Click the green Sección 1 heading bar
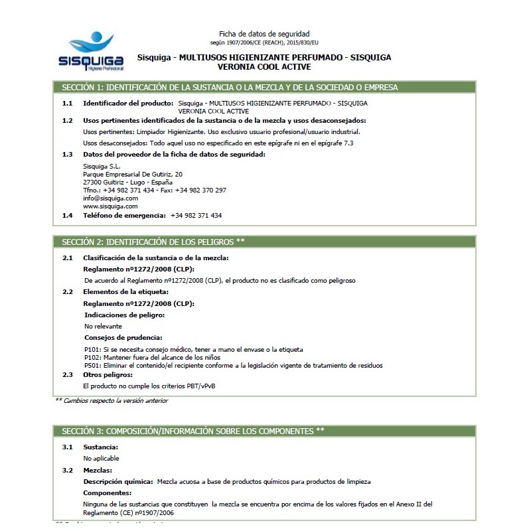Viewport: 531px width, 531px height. pos(264,87)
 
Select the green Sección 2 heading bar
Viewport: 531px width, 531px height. pos(264,241)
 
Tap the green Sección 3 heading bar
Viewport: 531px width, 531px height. pos(264,431)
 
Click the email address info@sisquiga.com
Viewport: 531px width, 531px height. pos(110,198)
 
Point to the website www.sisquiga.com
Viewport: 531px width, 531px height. pos(110,206)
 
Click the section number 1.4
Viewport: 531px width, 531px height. pos(67,216)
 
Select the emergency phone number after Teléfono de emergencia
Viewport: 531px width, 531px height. pos(196,216)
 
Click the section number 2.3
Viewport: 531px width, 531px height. pos(67,374)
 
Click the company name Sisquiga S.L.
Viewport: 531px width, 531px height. pos(102,166)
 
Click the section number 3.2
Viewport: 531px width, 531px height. pos(67,470)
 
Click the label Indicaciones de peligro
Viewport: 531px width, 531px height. pos(124,315)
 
